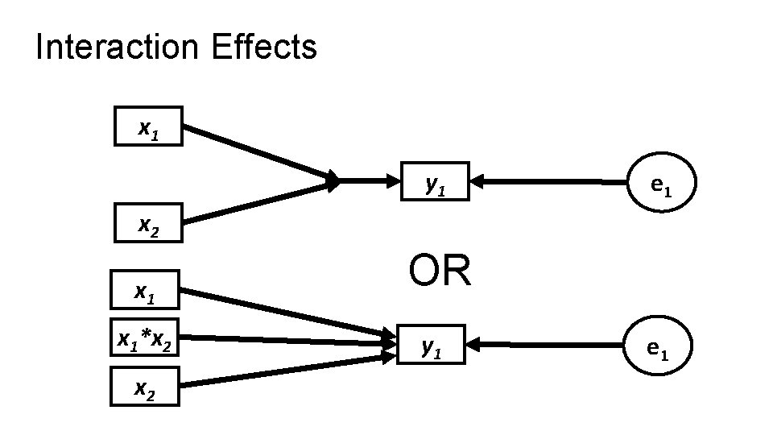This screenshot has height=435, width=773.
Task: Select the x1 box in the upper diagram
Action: click(x=148, y=126)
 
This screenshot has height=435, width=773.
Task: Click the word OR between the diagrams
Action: click(x=439, y=271)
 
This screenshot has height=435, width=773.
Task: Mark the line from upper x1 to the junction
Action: click(x=258, y=153)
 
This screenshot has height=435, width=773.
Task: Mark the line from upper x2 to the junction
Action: click(x=258, y=203)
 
